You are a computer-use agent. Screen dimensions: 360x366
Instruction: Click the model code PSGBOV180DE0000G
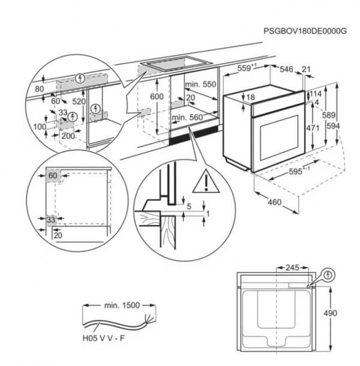(305, 31)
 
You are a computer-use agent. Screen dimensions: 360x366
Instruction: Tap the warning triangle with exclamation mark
(206, 181)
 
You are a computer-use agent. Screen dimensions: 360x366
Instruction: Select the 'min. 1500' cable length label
(122, 305)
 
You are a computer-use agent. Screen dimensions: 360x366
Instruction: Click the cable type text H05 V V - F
(104, 338)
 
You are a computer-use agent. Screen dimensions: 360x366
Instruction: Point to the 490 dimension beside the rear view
(331, 313)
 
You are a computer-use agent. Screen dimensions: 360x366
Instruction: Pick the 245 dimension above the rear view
(292, 268)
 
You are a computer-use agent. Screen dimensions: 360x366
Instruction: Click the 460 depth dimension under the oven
(275, 202)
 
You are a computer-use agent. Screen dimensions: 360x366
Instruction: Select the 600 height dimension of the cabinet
(157, 97)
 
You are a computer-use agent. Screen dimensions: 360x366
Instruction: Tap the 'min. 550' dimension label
(200, 84)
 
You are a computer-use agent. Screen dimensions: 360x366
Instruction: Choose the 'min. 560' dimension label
(187, 117)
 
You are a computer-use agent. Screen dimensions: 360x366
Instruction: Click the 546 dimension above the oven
(286, 69)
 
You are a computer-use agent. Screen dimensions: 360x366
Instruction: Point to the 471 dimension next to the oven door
(313, 128)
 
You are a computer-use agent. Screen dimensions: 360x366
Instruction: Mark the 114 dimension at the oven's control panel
(316, 94)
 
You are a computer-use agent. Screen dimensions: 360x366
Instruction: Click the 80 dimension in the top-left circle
(40, 89)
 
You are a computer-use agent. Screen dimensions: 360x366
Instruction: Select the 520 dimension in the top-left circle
(79, 101)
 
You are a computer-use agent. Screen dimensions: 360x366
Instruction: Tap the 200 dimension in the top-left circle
(68, 136)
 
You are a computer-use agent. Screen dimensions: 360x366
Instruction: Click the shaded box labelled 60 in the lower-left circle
(53, 176)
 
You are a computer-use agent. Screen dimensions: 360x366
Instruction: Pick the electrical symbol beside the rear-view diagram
(328, 275)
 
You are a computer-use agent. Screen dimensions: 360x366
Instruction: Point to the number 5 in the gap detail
(189, 206)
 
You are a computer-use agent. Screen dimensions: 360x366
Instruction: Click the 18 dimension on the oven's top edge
(251, 97)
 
